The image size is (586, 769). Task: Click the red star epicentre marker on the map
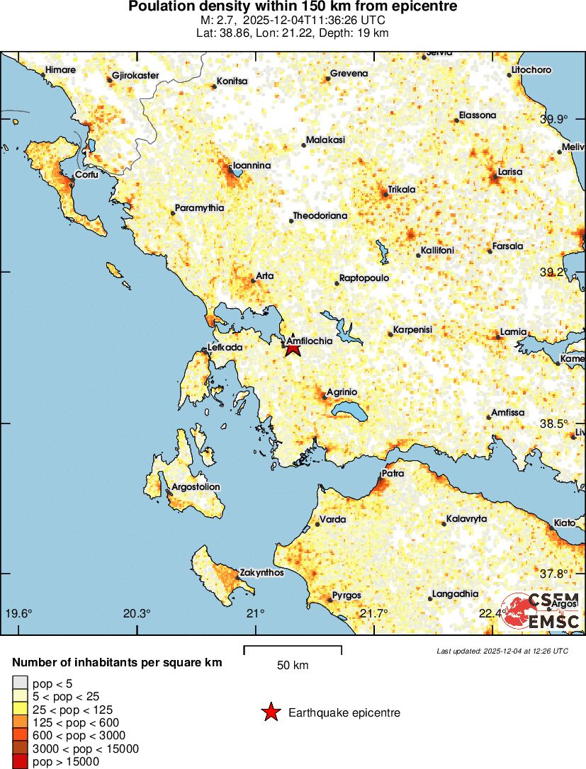click(293, 348)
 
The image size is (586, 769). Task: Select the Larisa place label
click(510, 171)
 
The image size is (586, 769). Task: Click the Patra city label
click(393, 472)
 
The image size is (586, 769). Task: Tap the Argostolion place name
click(196, 486)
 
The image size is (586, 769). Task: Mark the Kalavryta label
click(468, 518)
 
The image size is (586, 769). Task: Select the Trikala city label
click(401, 190)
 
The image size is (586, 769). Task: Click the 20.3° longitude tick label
click(137, 613)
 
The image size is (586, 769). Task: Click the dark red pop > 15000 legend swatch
click(20, 762)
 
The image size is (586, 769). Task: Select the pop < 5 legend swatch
click(20, 683)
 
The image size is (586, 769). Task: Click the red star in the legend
click(270, 712)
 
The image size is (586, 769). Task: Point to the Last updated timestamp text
click(502, 651)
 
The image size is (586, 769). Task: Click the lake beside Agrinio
click(349, 411)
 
